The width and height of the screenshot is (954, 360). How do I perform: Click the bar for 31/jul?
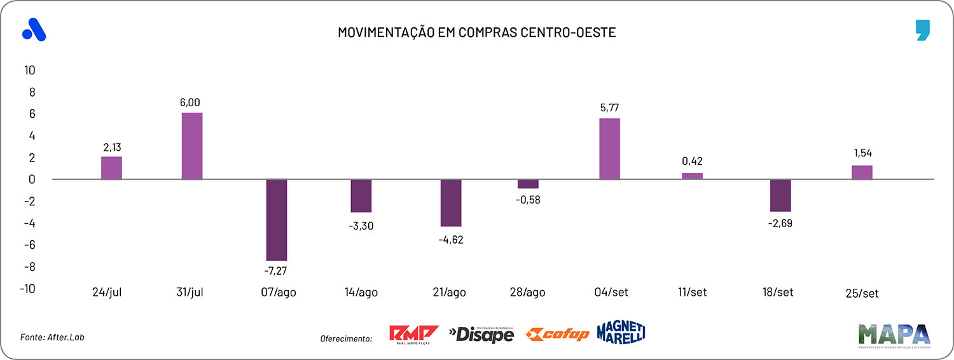click(192, 146)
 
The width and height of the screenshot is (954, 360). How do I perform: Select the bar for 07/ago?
click(277, 220)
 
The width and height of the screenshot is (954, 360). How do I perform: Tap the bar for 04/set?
click(609, 149)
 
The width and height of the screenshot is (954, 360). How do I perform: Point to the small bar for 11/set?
click(693, 176)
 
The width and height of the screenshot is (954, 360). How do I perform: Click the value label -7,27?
click(277, 271)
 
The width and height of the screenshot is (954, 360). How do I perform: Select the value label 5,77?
click(609, 107)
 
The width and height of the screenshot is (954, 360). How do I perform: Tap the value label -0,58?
click(527, 199)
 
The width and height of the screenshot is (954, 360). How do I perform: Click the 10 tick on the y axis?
click(29, 70)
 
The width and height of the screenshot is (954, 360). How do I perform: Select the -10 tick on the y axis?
click(27, 288)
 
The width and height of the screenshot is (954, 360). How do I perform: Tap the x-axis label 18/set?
click(778, 293)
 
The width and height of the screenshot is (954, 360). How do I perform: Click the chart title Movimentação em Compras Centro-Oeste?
click(476, 32)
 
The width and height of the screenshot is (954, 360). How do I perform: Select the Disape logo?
click(481, 333)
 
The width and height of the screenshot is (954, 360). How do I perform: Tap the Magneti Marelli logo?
click(621, 332)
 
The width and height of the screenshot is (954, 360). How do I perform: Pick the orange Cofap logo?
click(558, 335)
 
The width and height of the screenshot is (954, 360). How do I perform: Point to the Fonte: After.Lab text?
click(52, 337)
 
